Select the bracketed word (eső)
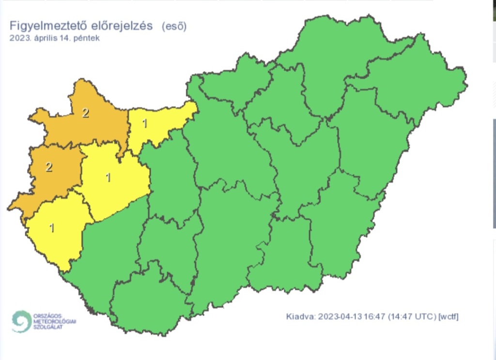point(174,26)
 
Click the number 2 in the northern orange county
point(85,113)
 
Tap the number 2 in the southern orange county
point(48,167)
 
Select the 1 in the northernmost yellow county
point(144,124)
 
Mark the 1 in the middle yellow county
point(108,177)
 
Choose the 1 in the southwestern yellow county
point(52,227)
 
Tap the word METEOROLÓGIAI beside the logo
point(55,321)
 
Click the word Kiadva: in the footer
point(300,317)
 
